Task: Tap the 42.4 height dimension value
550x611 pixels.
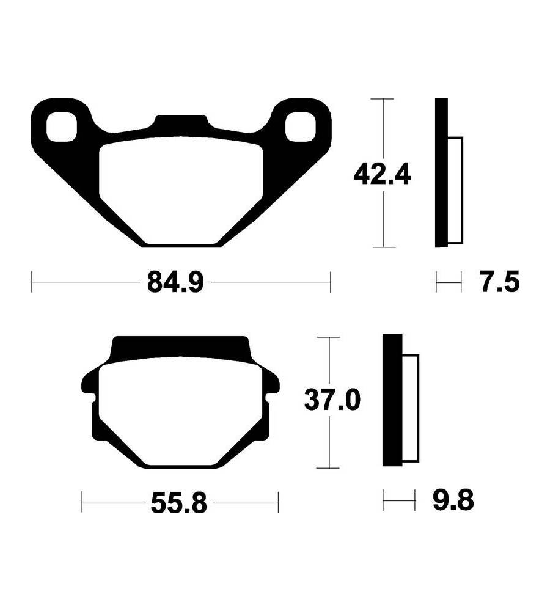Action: point(382,175)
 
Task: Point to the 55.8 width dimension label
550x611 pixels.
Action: point(179,503)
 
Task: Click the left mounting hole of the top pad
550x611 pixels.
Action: point(62,126)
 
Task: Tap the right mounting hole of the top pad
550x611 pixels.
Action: point(300,126)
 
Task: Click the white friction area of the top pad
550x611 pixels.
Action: point(182,190)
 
